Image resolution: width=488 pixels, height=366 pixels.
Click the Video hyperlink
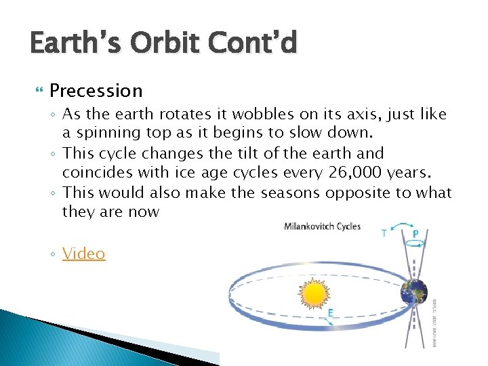(x=84, y=254)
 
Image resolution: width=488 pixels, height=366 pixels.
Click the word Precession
(x=96, y=91)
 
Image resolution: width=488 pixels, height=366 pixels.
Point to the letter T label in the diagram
(x=384, y=234)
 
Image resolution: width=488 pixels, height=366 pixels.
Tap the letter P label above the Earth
(x=415, y=235)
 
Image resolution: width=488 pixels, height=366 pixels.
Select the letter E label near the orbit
(x=330, y=312)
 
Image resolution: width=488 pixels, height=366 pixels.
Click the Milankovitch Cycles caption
(x=322, y=226)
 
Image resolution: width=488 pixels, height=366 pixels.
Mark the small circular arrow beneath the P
(x=415, y=244)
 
